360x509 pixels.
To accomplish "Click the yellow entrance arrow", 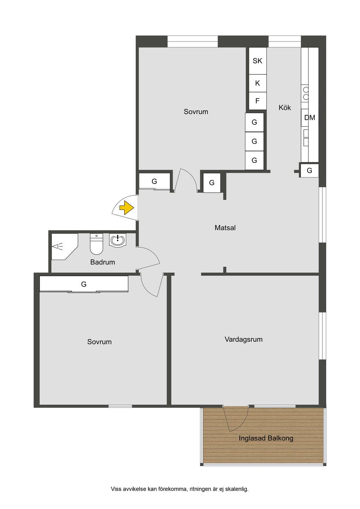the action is (126, 208).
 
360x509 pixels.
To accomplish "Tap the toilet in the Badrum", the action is (97, 244).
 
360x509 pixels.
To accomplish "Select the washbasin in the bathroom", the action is (117, 239).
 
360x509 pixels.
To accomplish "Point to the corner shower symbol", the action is (65, 246).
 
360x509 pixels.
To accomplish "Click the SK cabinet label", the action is (257, 61).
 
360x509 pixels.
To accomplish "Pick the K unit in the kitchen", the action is (257, 83).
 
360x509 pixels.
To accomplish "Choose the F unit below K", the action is (257, 101).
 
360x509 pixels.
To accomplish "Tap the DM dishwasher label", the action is (309, 118).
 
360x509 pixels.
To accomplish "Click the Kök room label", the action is (285, 108).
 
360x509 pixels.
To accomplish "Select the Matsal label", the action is (225, 228).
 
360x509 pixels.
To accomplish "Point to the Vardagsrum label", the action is (244, 340).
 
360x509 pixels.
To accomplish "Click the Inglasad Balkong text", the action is (266, 438).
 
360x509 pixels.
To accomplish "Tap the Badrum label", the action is (103, 262).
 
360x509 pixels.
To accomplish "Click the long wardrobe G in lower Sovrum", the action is (84, 284).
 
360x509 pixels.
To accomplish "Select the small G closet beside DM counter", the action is (309, 170).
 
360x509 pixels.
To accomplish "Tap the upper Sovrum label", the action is (196, 112).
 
